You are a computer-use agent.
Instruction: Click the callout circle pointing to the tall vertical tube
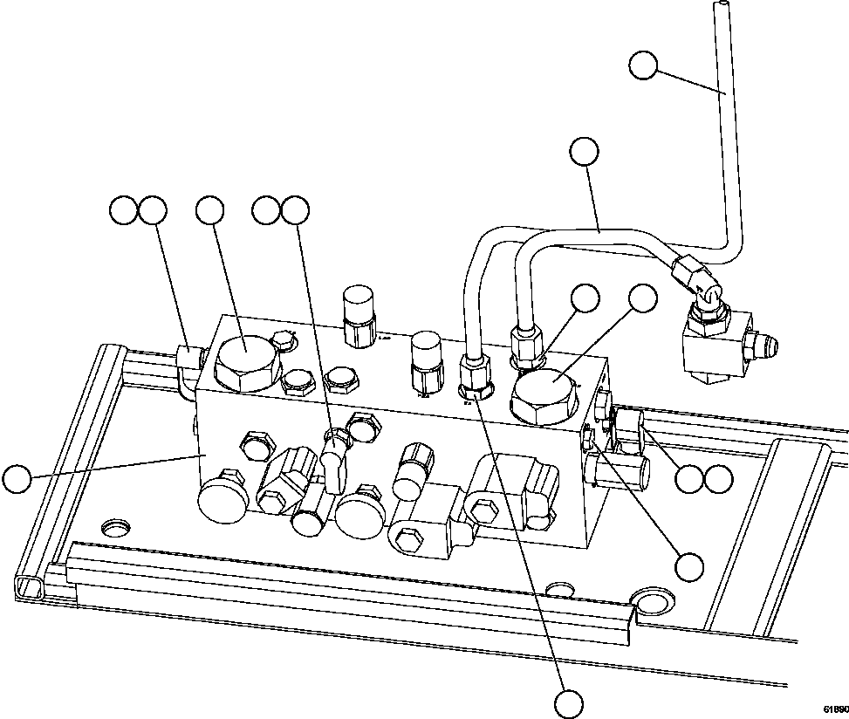(x=643, y=65)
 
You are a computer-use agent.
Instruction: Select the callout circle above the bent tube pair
(x=584, y=152)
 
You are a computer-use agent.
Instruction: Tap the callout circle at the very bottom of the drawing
(x=569, y=702)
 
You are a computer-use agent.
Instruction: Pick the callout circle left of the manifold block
(x=16, y=479)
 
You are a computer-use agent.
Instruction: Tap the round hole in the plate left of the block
(x=116, y=528)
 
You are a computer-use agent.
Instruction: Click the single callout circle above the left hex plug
(x=209, y=209)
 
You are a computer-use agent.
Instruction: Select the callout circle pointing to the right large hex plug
(x=643, y=298)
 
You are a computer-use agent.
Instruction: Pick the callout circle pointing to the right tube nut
(x=585, y=298)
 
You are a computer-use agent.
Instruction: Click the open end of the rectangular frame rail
(x=28, y=585)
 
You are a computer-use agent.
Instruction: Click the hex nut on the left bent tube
(x=473, y=378)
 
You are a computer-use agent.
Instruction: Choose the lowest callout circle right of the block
(x=690, y=566)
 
